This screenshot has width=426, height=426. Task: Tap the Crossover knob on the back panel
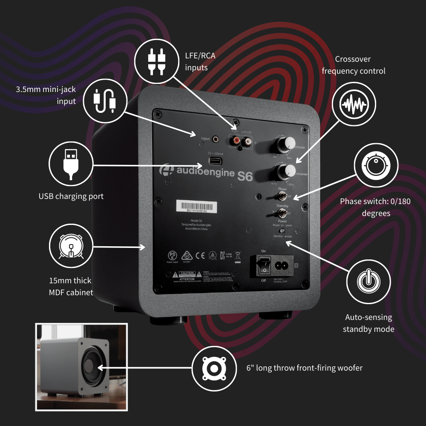285,170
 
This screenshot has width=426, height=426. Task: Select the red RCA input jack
233,140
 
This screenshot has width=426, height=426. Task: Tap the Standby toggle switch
282,213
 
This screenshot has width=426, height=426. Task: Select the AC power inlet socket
283,266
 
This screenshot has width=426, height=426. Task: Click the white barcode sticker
196,207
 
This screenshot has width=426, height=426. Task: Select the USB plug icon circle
71,164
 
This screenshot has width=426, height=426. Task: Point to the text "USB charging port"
71,196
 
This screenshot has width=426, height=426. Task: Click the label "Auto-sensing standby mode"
368,323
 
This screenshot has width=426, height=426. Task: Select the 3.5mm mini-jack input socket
218,139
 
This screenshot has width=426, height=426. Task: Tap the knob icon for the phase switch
376,164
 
